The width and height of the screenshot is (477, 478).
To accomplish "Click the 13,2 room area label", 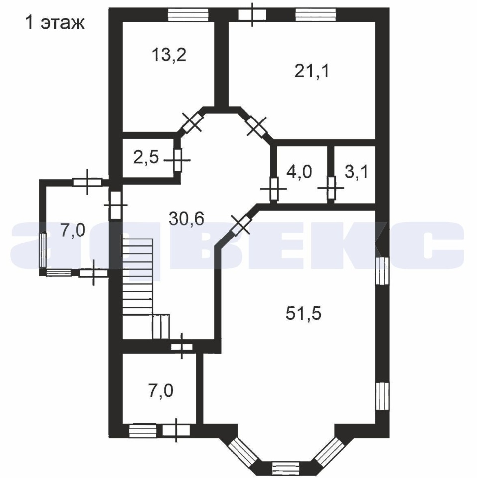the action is [169, 56].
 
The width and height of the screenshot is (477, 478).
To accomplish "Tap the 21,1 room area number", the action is [312, 72].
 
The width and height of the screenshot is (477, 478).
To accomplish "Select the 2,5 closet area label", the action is [146, 158].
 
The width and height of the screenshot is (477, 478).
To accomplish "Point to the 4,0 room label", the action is [299, 172].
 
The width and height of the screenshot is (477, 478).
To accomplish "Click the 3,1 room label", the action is [357, 172].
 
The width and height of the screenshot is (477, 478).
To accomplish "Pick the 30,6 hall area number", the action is [187, 219].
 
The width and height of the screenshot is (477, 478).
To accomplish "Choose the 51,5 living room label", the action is [304, 313].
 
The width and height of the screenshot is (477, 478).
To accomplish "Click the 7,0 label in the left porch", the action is [73, 230].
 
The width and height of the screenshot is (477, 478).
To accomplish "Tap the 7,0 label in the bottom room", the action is [161, 391].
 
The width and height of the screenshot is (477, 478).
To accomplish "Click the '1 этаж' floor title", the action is [55, 23].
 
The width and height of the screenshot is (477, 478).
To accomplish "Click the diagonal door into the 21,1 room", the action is [256, 126].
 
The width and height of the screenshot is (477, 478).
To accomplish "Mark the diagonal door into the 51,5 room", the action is [240, 225].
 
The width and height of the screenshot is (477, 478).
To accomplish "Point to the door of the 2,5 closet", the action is [178, 160].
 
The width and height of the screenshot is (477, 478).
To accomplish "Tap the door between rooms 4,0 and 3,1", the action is [331, 188].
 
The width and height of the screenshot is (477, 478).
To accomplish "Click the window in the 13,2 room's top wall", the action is [188, 15].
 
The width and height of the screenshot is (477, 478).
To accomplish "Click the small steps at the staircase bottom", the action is [161, 327].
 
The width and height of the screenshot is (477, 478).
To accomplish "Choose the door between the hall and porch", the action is [116, 205].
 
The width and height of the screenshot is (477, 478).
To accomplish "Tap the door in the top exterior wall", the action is [252, 14].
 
